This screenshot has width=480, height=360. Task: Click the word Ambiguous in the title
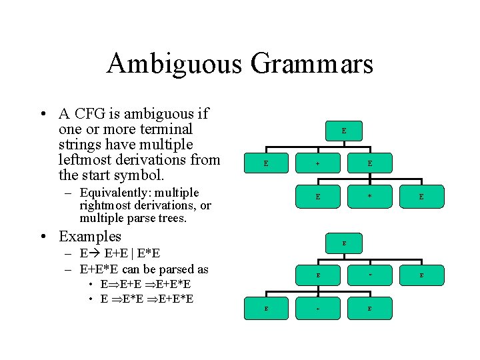coord(174,64)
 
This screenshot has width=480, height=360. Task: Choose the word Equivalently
coord(115,193)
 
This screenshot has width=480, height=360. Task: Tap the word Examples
coord(90,236)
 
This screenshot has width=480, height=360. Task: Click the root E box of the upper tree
coord(344,131)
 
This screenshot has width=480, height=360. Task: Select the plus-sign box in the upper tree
coord(318,163)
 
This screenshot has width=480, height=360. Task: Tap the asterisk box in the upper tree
coord(370,197)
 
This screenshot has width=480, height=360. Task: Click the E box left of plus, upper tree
coord(266,163)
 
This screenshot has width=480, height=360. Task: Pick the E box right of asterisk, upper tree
coord(421,197)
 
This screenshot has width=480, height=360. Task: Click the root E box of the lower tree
coord(344,243)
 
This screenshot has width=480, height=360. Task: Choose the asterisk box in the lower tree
coord(370,274)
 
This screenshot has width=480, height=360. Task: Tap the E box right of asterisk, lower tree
coord(421,274)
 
